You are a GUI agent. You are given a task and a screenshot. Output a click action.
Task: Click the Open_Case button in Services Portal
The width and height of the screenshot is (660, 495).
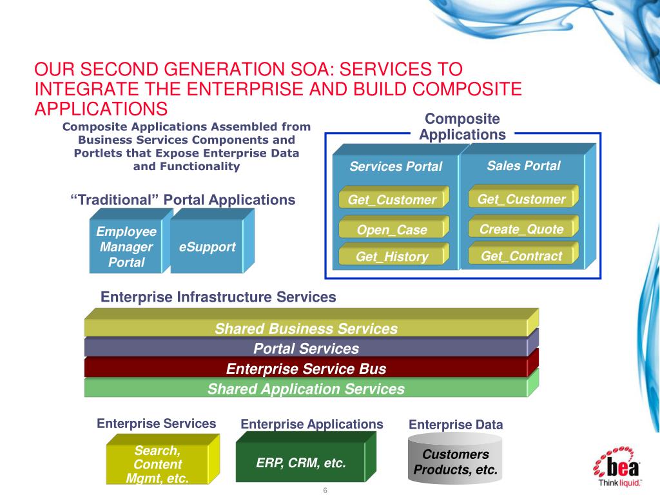point(392,229)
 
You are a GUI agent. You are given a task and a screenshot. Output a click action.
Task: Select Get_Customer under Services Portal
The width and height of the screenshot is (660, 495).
point(392,200)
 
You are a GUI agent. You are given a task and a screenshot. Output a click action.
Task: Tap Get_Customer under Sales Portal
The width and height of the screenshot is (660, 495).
point(521,199)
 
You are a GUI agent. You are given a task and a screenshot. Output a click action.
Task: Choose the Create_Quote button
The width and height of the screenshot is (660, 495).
point(521,229)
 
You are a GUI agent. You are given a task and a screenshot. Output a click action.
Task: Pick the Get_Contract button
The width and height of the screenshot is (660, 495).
point(521,256)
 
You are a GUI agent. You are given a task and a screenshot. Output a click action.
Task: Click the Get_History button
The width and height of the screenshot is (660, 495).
point(392,257)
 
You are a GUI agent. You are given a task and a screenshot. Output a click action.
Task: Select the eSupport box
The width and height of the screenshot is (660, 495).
point(207,247)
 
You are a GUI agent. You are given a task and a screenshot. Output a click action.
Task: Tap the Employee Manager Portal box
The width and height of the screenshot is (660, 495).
point(126,247)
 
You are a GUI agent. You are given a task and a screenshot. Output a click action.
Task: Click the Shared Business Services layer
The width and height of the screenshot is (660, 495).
point(306,329)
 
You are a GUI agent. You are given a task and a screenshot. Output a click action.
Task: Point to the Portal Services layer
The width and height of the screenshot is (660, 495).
point(306,349)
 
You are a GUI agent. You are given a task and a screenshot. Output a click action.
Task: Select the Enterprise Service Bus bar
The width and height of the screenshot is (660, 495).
point(306,369)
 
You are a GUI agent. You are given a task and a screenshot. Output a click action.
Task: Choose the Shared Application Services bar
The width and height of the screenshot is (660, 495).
point(306,389)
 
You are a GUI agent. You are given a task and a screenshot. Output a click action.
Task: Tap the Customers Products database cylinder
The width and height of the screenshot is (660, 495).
point(455,461)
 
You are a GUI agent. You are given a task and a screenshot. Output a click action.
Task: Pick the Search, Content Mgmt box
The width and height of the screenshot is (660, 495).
point(158,464)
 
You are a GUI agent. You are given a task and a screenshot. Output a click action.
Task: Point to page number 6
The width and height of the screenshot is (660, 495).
point(325,490)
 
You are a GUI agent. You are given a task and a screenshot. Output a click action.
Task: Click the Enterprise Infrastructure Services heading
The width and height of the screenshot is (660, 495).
point(218,297)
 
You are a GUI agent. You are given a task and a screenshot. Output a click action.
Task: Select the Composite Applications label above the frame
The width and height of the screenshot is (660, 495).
point(462,126)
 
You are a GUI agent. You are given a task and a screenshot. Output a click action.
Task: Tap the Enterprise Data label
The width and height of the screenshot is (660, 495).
point(456,425)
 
